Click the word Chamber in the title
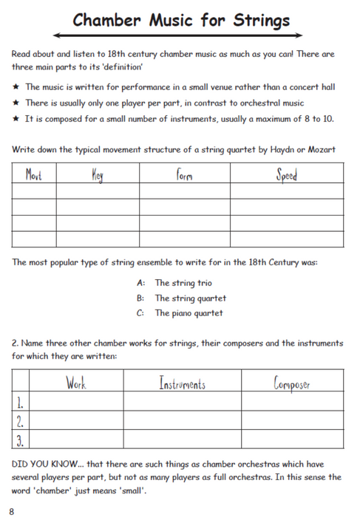click(x=104, y=20)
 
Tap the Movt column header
click(x=34, y=175)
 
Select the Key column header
click(x=97, y=175)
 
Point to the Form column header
click(x=184, y=175)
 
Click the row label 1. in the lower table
click(x=21, y=403)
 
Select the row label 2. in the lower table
click(x=21, y=422)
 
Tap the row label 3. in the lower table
click(x=21, y=440)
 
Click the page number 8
click(x=12, y=510)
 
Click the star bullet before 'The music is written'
click(x=16, y=87)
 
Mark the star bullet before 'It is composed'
click(x=16, y=118)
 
